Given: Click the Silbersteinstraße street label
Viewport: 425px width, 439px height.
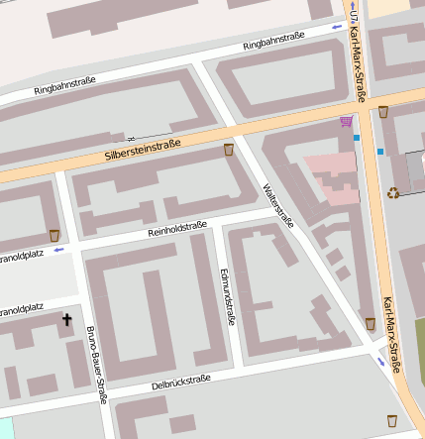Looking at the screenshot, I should click(143, 151).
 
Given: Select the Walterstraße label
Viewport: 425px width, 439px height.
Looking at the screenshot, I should click(277, 205).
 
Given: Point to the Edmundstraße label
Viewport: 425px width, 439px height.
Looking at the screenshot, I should click(227, 296).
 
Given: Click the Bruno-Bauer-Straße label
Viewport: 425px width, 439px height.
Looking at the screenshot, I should click(96, 365).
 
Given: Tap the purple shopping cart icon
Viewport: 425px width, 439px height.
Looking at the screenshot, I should click(345, 122).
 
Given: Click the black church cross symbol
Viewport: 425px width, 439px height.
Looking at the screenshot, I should click(68, 320).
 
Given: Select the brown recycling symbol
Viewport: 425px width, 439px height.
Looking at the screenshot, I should click(393, 192).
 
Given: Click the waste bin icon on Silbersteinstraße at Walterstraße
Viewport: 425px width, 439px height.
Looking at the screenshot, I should click(230, 151).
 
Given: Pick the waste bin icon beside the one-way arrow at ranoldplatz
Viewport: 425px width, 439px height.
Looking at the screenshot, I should click(54, 236).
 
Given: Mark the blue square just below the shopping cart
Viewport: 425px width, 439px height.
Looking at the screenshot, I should click(356, 138).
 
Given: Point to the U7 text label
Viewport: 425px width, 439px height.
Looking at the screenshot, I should click(353, 12).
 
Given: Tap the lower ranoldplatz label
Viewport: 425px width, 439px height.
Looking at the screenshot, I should click(22, 309).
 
